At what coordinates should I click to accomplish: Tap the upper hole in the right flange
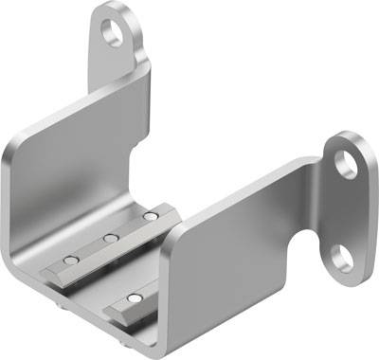click(348, 163)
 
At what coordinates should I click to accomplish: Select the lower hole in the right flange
click(342, 258)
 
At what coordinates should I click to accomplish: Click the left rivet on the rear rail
click(68, 258)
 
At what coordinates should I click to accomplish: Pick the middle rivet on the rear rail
click(110, 237)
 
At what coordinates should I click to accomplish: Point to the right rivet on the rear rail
click(149, 217)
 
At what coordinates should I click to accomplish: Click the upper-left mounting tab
click(118, 47)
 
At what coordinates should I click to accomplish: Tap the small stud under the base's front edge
click(63, 306)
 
